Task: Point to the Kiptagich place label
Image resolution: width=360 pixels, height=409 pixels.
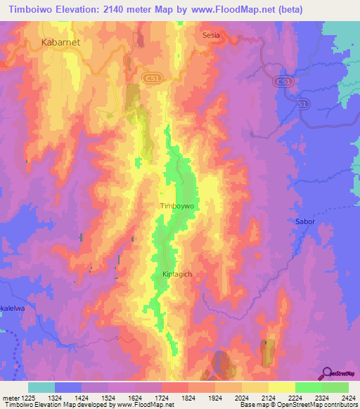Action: pos(177,273)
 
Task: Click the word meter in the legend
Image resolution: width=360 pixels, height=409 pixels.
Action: pos(13,397)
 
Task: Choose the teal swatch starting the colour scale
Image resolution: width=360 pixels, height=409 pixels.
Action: pos(41,387)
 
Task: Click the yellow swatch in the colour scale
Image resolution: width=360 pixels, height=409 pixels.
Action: pos(281,387)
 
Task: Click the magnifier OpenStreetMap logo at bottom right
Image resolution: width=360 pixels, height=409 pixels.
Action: pos(327,373)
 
